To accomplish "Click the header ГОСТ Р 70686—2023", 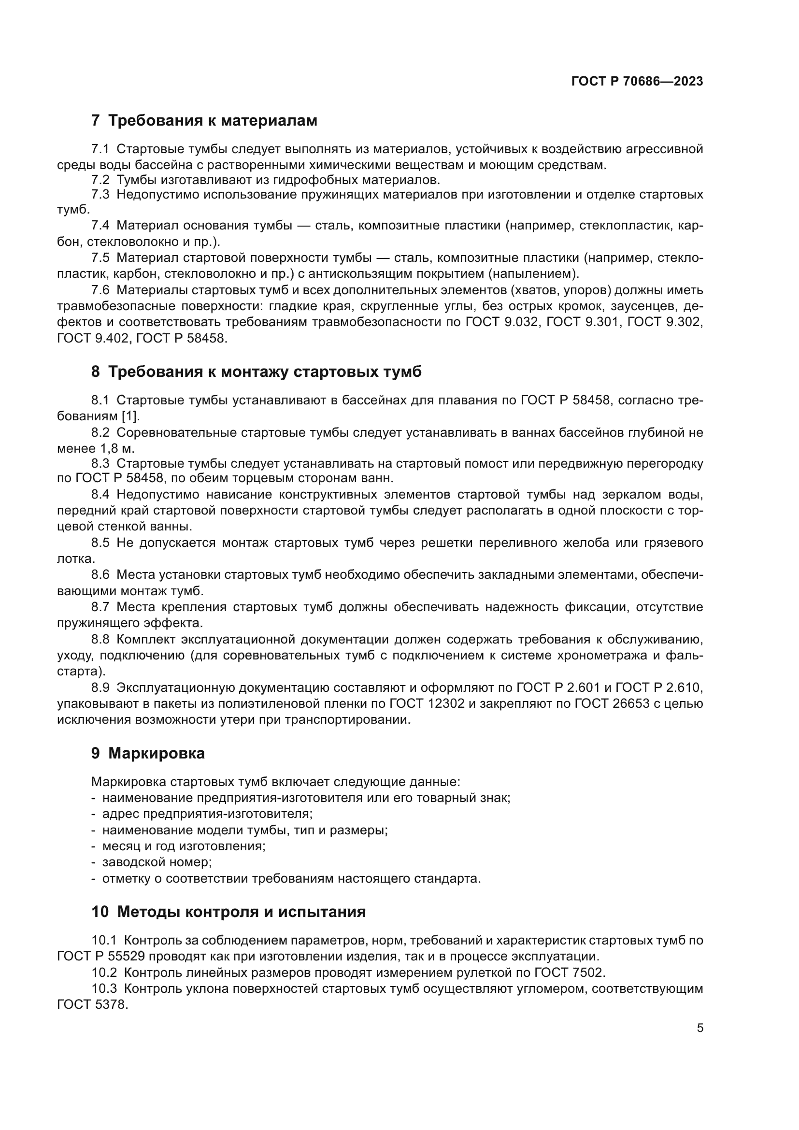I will coord(637,81).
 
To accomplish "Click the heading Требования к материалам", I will coord(213,120).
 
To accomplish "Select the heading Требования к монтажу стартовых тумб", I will coord(265,372).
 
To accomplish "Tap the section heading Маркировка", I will coord(157,753).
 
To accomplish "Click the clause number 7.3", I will coord(100,194).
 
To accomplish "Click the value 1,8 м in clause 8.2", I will coord(117,448).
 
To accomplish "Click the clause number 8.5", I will coord(100,543).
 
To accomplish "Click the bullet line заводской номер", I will coord(157,862).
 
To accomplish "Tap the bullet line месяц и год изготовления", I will coord(184,846).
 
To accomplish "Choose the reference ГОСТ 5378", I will coord(92,1004).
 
